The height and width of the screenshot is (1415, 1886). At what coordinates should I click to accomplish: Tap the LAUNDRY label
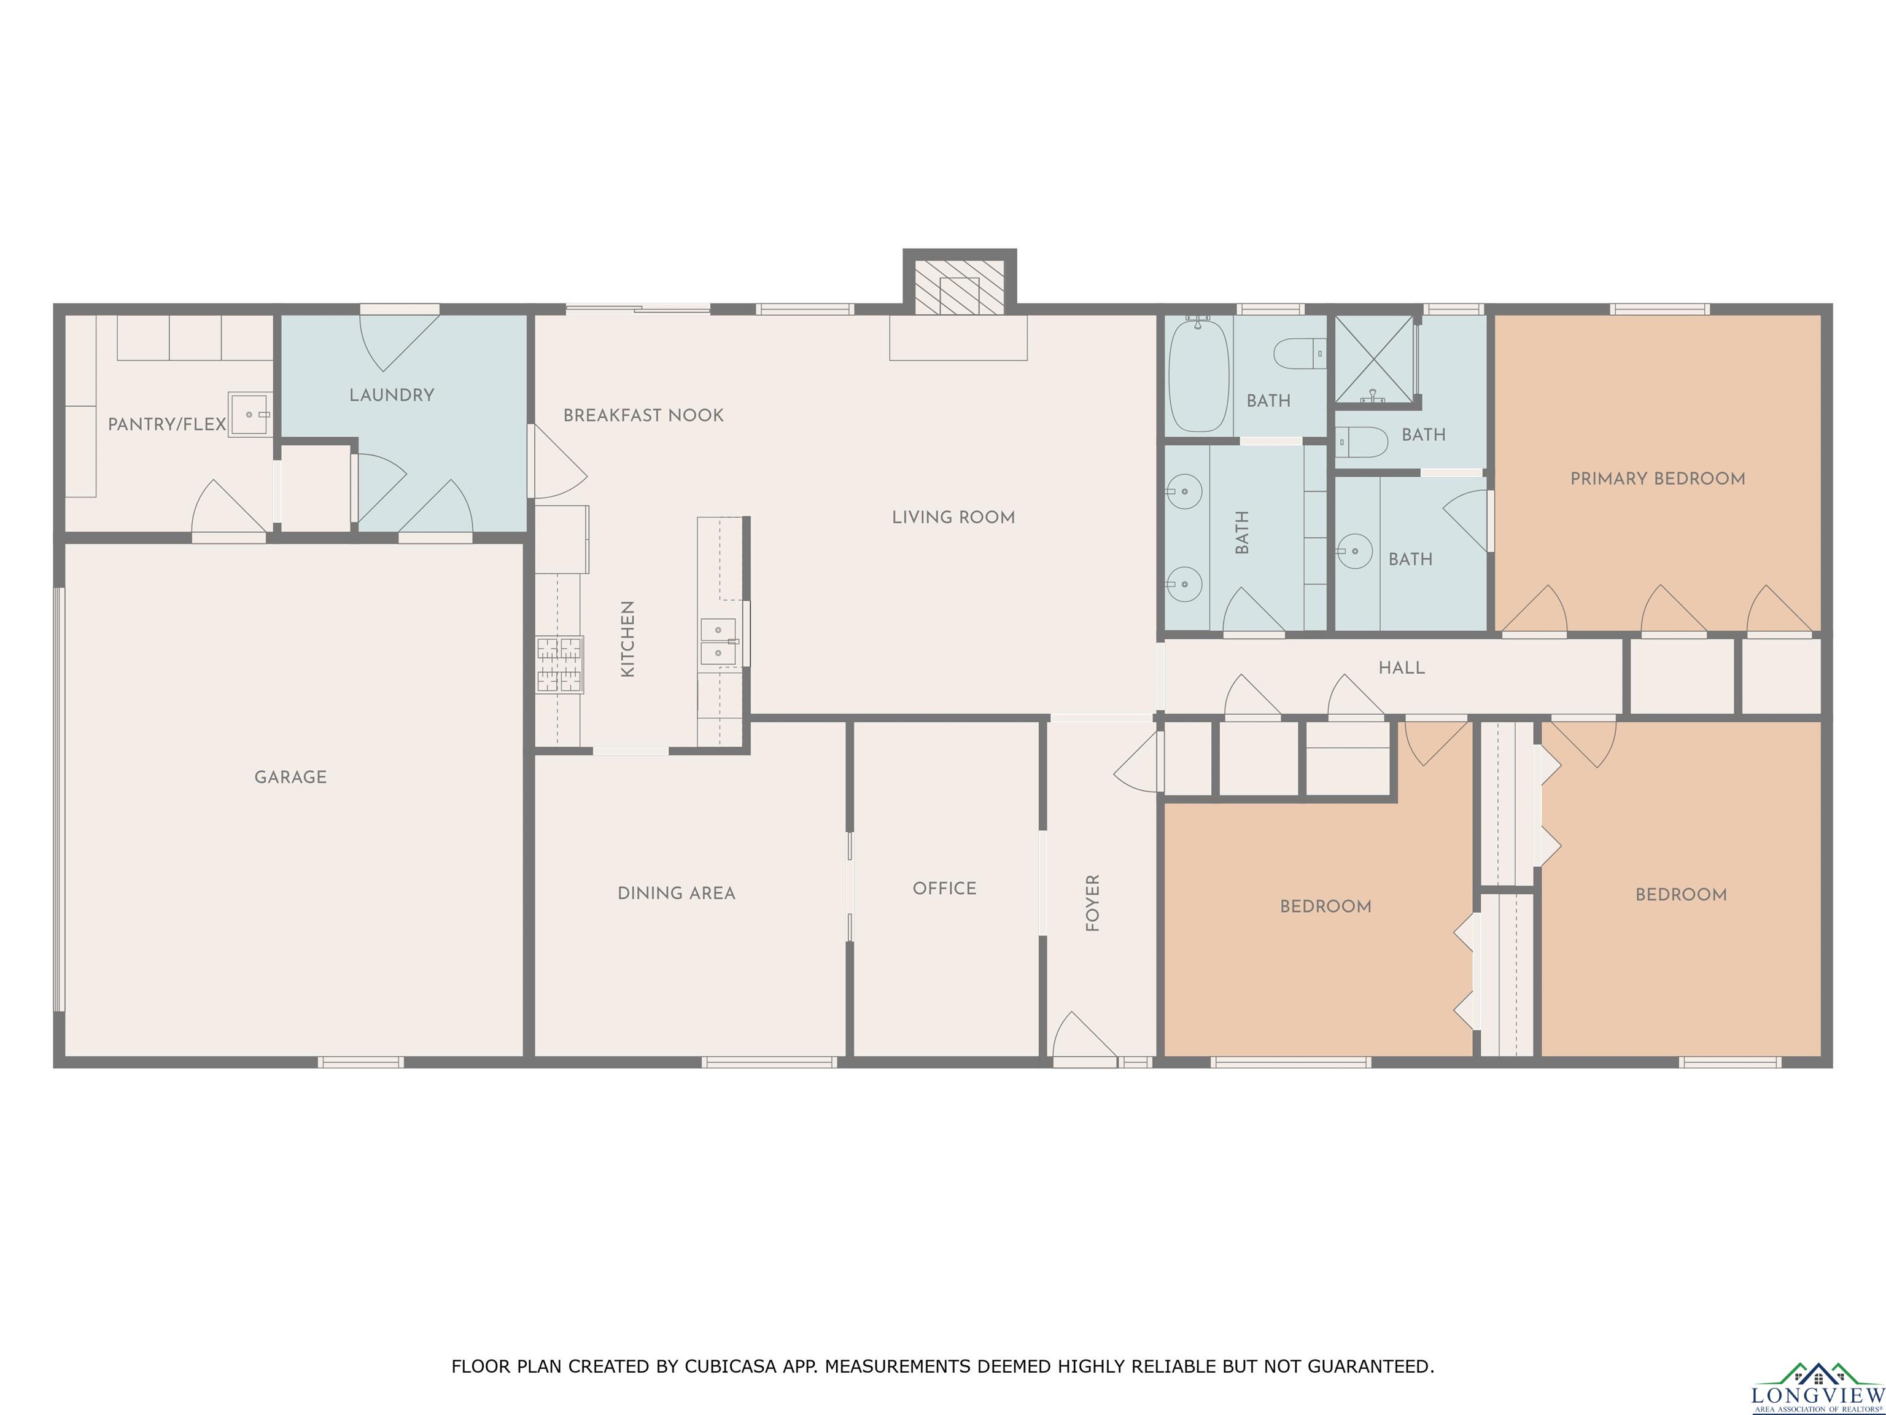point(391,395)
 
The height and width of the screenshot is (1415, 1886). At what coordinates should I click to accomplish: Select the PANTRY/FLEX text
point(167,424)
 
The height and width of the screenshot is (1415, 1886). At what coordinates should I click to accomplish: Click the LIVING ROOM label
point(953,517)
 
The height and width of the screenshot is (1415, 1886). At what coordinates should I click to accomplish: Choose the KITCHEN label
point(627,639)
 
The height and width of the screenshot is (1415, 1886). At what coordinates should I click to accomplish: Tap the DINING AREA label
point(676,893)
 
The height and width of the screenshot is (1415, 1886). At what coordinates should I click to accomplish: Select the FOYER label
point(1092,902)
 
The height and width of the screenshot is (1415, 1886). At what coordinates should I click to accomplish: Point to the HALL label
point(1402,668)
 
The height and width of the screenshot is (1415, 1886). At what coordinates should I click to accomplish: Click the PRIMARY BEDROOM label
point(1658,478)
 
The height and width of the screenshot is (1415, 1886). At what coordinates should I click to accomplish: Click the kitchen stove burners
point(559,665)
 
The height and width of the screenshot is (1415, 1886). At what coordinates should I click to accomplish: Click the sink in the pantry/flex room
point(250,415)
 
